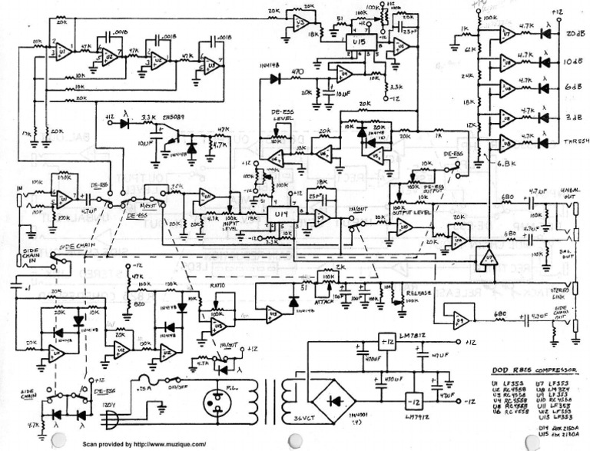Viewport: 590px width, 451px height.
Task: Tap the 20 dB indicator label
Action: pyautogui.click(x=572, y=35)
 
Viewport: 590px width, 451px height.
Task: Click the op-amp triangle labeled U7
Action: pyautogui.click(x=506, y=35)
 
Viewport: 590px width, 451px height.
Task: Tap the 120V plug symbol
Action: pyautogui.click(x=112, y=419)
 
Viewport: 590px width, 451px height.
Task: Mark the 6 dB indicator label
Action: pyautogui.click(x=572, y=88)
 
